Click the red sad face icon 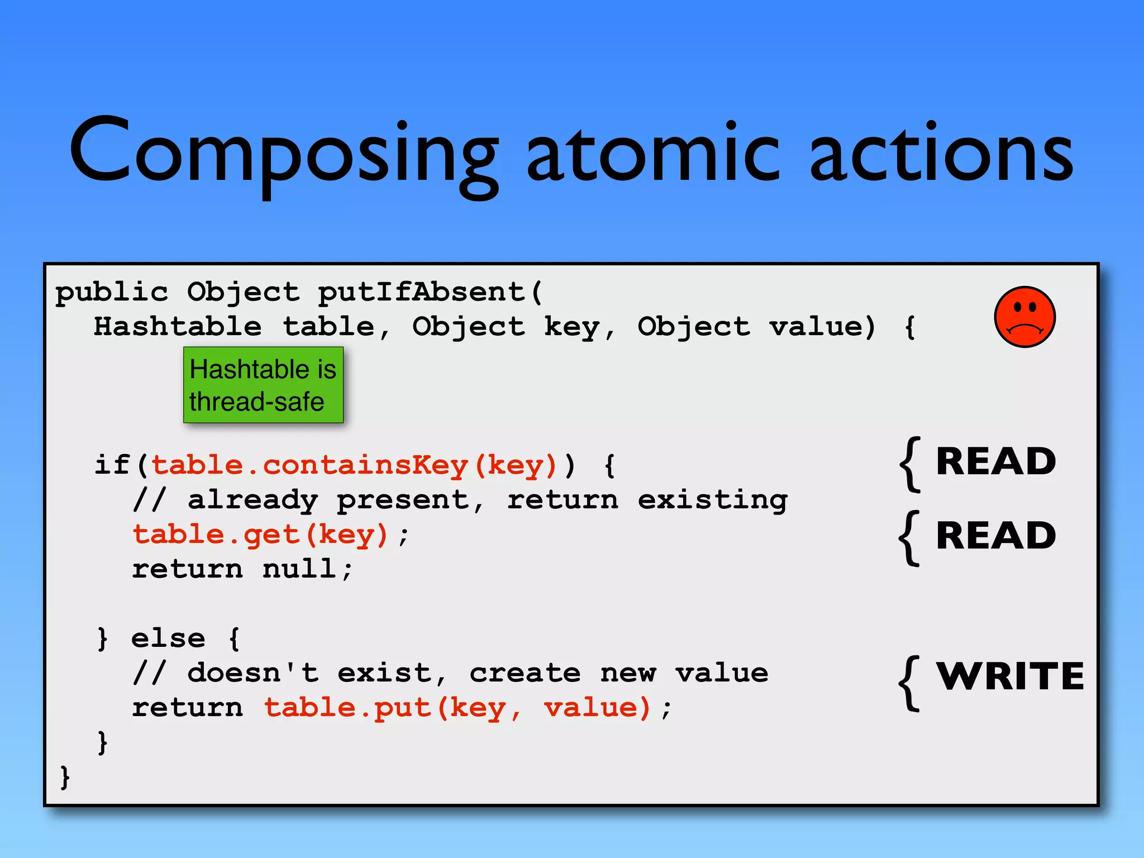(x=1024, y=317)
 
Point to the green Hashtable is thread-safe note (x=263, y=385)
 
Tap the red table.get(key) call (x=260, y=535)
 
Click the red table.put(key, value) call (x=457, y=708)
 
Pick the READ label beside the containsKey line (x=995, y=462)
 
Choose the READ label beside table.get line (x=995, y=536)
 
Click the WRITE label (x=1009, y=676)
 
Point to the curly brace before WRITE (x=909, y=683)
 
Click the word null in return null (x=299, y=569)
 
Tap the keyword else (x=168, y=638)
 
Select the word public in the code (x=112, y=292)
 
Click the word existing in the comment (x=712, y=500)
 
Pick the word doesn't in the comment (x=253, y=673)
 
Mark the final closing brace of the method (x=65, y=777)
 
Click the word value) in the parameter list (x=822, y=327)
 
